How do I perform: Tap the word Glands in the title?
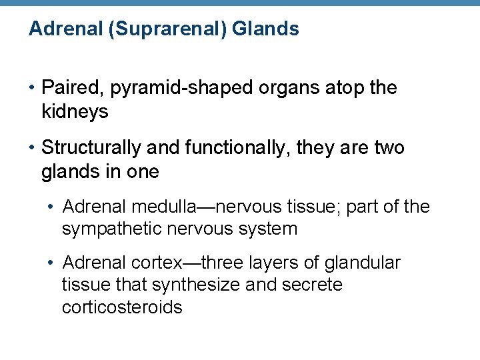coord(266,29)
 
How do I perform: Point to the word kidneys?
coord(75,112)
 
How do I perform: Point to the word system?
coord(266,229)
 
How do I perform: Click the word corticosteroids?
coord(122,307)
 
